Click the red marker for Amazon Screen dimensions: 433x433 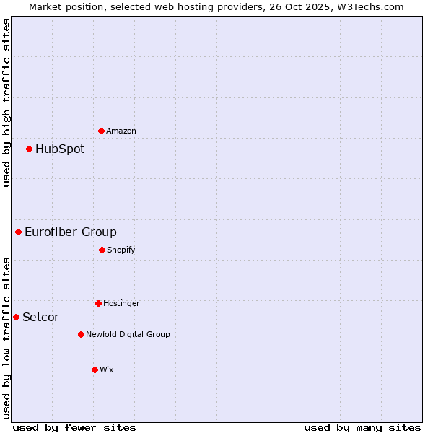[101, 131]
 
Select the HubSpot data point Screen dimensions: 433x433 [30, 149]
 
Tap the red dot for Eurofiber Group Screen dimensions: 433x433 [19, 232]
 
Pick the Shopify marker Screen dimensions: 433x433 [102, 250]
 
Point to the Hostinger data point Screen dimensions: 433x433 [98, 303]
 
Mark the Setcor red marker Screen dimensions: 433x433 [16, 317]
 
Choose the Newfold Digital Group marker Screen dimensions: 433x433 [81, 334]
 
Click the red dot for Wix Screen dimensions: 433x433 [95, 369]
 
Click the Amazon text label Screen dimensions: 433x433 [121, 131]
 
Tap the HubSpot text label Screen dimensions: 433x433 [60, 149]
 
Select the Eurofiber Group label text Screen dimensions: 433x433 [71, 232]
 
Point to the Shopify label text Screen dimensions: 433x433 [121, 250]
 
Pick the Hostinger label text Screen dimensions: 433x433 [121, 303]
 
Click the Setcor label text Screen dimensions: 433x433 [41, 317]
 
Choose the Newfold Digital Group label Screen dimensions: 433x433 [128, 334]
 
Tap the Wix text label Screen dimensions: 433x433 [107, 369]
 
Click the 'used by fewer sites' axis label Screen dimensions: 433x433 [74, 427]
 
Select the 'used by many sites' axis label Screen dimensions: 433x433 [362, 427]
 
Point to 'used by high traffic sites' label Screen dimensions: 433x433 [6, 102]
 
